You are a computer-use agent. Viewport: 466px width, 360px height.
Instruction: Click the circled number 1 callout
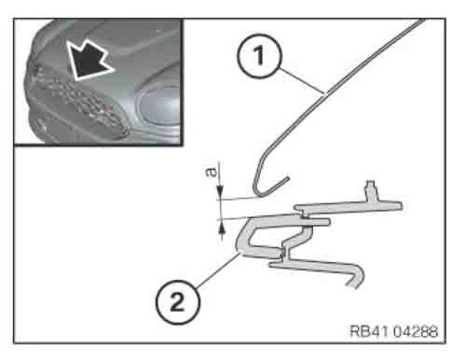click(259, 56)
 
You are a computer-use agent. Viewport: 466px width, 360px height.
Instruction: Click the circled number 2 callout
click(178, 302)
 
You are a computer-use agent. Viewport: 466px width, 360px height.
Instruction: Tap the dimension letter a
click(212, 172)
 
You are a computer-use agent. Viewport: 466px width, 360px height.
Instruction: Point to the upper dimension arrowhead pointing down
click(220, 191)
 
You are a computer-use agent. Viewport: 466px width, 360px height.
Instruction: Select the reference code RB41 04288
click(394, 331)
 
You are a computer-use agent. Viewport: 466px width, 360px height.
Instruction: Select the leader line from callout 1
click(302, 80)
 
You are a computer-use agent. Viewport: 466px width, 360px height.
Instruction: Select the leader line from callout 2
click(218, 270)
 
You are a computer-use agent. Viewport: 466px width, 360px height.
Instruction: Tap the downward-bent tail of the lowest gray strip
click(356, 277)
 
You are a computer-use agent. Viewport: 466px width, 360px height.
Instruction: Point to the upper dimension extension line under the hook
click(239, 199)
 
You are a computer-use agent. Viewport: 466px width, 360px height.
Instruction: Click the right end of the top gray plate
click(401, 206)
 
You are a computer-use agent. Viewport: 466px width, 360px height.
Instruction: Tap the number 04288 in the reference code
click(416, 331)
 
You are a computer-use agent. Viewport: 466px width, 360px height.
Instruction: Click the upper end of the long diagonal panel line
click(423, 20)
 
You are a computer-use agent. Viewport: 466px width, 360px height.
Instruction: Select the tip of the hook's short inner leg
click(288, 179)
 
